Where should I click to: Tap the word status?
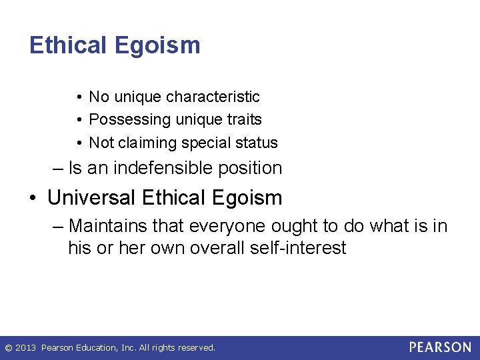tap(259, 143)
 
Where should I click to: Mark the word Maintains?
tap(107, 226)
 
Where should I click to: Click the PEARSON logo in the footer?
tap(440, 347)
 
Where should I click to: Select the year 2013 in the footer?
tap(25, 348)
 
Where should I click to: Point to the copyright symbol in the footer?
tap(8, 348)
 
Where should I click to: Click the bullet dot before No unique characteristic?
tap(79, 97)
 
